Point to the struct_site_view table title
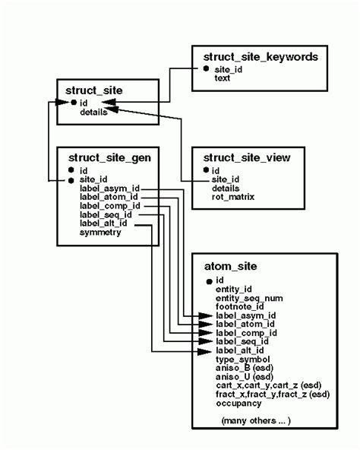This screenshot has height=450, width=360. (253, 158)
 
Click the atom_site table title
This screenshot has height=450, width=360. (231, 266)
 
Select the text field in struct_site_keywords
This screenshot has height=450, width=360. (223, 78)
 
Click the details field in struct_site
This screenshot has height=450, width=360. (93, 112)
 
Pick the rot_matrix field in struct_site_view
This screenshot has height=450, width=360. (233, 197)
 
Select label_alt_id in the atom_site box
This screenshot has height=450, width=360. (241, 350)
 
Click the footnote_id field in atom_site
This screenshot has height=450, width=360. (239, 306)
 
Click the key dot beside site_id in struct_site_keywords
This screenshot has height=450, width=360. (206, 69)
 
